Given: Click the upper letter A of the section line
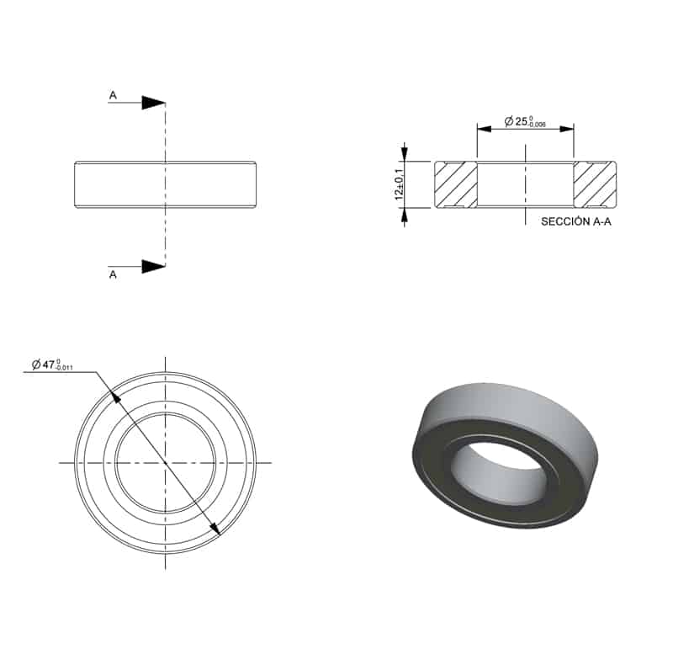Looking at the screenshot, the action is coord(113,95).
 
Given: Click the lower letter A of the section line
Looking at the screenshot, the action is coord(113,274).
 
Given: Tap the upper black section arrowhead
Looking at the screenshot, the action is coord(154,103).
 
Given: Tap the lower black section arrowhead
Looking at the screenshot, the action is coord(154,266).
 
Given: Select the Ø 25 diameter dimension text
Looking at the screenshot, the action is coord(525,121).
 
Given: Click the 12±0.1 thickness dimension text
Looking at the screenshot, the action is coord(399,184).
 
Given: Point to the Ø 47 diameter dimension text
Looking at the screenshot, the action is coord(52,364).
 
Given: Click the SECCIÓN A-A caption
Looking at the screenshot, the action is coord(576,221).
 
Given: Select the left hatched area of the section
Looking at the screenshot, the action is coord(456,184).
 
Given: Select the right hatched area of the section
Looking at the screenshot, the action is coord(595,184).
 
